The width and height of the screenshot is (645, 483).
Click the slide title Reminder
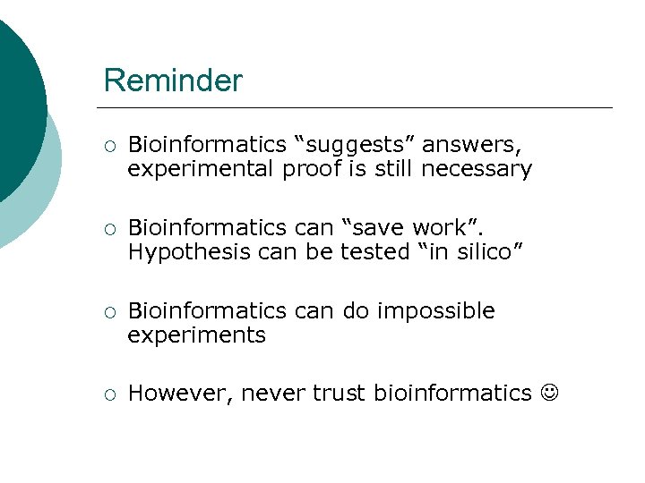(173, 81)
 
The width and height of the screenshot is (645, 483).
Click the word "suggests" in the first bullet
(357, 144)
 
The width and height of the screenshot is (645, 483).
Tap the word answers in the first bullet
(471, 144)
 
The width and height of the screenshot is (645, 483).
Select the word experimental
(202, 169)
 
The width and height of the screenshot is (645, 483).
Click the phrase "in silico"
(468, 252)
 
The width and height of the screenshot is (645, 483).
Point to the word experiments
(196, 335)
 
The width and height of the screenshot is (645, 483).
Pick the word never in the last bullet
(273, 394)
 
